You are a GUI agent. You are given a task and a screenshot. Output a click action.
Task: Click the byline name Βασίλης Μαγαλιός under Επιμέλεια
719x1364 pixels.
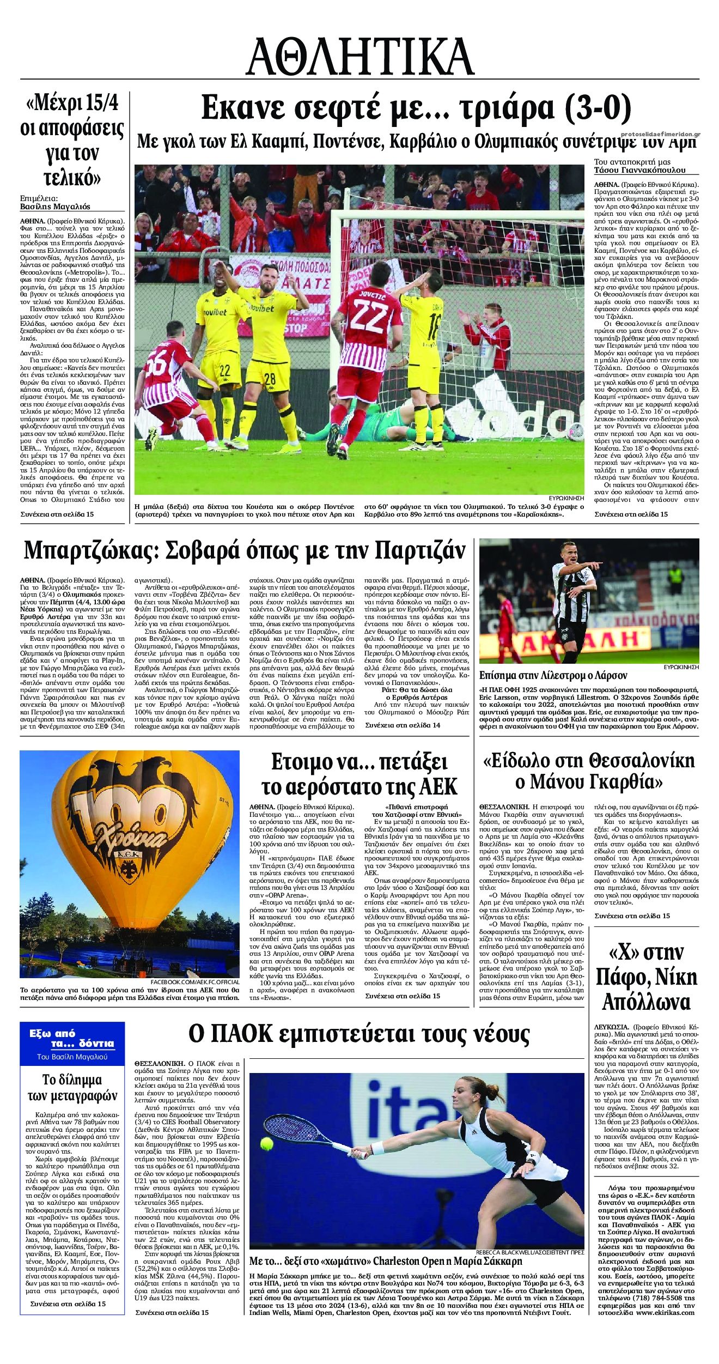55,207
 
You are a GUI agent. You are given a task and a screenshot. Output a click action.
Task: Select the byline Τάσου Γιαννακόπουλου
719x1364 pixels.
639,170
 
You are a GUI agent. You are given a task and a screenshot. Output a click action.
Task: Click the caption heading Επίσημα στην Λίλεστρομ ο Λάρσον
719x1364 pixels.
553,675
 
